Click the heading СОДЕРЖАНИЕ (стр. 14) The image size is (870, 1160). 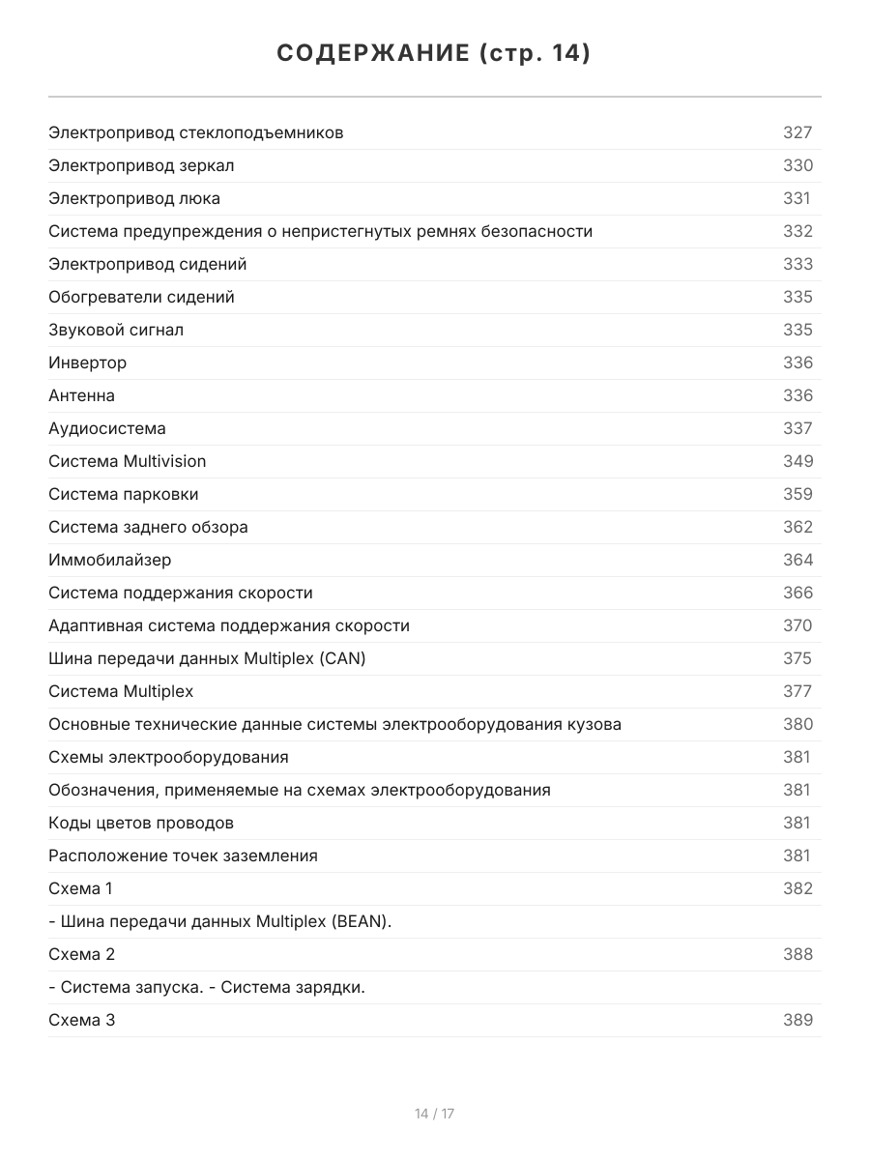[434, 54]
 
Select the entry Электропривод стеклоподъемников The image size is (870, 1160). [195, 132]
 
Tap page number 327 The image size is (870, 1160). [797, 132]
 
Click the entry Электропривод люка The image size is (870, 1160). [134, 198]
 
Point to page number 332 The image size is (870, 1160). [797, 231]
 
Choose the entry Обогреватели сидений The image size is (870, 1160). [141, 297]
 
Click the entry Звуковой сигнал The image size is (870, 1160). [116, 330]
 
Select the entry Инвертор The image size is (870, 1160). [87, 362]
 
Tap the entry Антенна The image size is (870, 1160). [81, 395]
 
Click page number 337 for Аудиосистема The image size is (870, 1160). [797, 428]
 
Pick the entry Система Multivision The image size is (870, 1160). [127, 461]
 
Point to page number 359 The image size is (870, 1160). [797, 494]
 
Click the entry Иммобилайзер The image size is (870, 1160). [109, 560]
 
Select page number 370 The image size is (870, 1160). [797, 625]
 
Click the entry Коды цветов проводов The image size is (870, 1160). [141, 823]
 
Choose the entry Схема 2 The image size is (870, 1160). [81, 954]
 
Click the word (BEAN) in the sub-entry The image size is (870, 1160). [362, 921]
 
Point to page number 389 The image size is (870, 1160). [797, 1020]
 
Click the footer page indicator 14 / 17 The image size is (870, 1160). [434, 1114]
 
